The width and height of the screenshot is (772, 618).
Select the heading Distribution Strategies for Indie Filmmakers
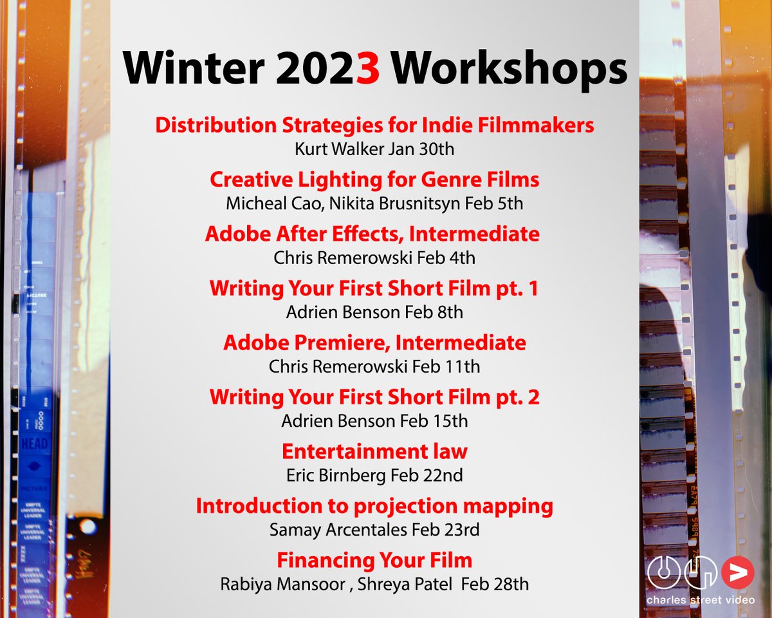[374, 126]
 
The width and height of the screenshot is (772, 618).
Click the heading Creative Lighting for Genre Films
[374, 180]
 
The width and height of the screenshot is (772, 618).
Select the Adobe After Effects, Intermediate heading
[372, 234]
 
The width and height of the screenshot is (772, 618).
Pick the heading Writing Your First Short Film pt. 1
[374, 288]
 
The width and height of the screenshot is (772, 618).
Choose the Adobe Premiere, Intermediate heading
[374, 342]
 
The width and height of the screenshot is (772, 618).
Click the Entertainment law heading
[374, 451]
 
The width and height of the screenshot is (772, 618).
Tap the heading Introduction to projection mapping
[374, 506]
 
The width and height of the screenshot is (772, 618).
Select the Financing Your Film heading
[374, 560]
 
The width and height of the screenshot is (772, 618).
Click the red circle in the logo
[737, 572]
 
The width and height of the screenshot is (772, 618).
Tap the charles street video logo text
[701, 600]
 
